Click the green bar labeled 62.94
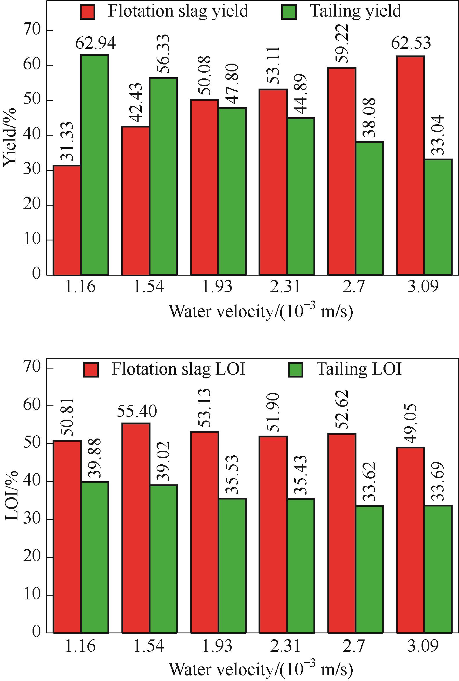(95, 165)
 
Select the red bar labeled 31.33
(67, 220)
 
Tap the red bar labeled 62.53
(410, 166)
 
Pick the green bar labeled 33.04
(438, 217)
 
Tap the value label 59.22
(342, 44)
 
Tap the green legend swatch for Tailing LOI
(295, 369)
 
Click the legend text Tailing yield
(355, 11)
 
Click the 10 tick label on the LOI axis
(32, 595)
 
